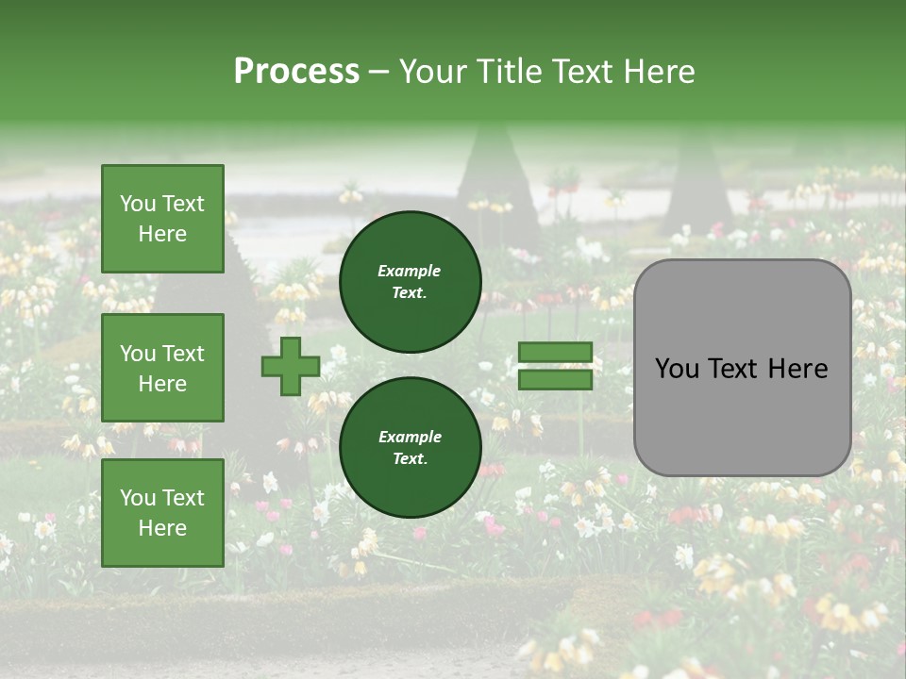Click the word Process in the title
296,72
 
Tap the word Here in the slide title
658,72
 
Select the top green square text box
162,219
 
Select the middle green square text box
162,368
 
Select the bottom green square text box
162,513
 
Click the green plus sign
291,366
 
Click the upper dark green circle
410,281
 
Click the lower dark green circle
410,447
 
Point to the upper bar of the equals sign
555,353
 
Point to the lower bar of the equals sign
555,380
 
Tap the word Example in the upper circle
409,271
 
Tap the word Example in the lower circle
409,437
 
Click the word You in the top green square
137,204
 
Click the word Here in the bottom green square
162,528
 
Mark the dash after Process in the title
378,73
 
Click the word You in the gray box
677,369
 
